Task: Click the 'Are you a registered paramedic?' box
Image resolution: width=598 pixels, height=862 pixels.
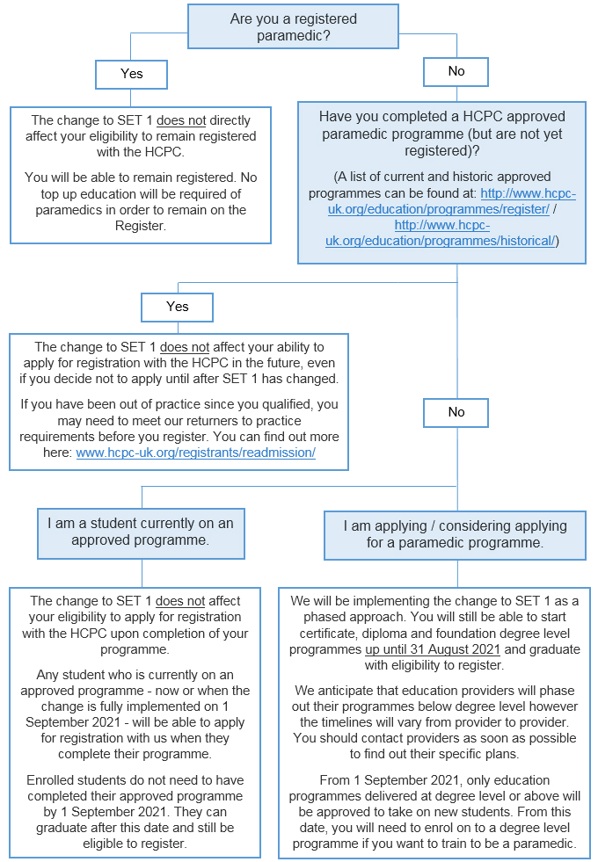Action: [x=293, y=26]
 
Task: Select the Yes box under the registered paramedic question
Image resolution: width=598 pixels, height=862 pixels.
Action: [x=131, y=74]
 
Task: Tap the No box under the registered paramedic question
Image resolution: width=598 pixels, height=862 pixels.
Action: [x=456, y=71]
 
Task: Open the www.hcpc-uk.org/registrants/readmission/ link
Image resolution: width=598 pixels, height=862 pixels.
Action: [x=195, y=453]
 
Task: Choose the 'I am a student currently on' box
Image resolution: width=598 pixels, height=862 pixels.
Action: [x=140, y=532]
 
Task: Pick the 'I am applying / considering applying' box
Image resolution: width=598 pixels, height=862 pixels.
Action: [x=455, y=534]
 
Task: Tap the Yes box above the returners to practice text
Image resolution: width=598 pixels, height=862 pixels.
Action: [x=177, y=307]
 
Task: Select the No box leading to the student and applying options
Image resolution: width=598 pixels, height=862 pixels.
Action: [x=456, y=411]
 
